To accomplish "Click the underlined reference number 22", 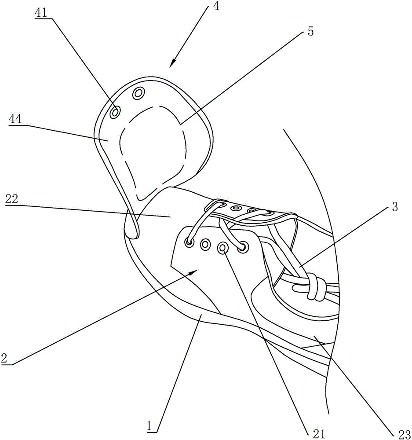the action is click(x=13, y=199).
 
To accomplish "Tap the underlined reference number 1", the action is click(x=151, y=426).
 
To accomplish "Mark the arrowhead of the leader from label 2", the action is click(x=193, y=272).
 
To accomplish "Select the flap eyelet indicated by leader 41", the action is click(x=115, y=112).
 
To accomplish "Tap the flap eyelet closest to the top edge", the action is click(x=139, y=93).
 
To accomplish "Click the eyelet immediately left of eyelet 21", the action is click(x=205, y=244).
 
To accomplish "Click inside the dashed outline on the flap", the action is click(x=154, y=145).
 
